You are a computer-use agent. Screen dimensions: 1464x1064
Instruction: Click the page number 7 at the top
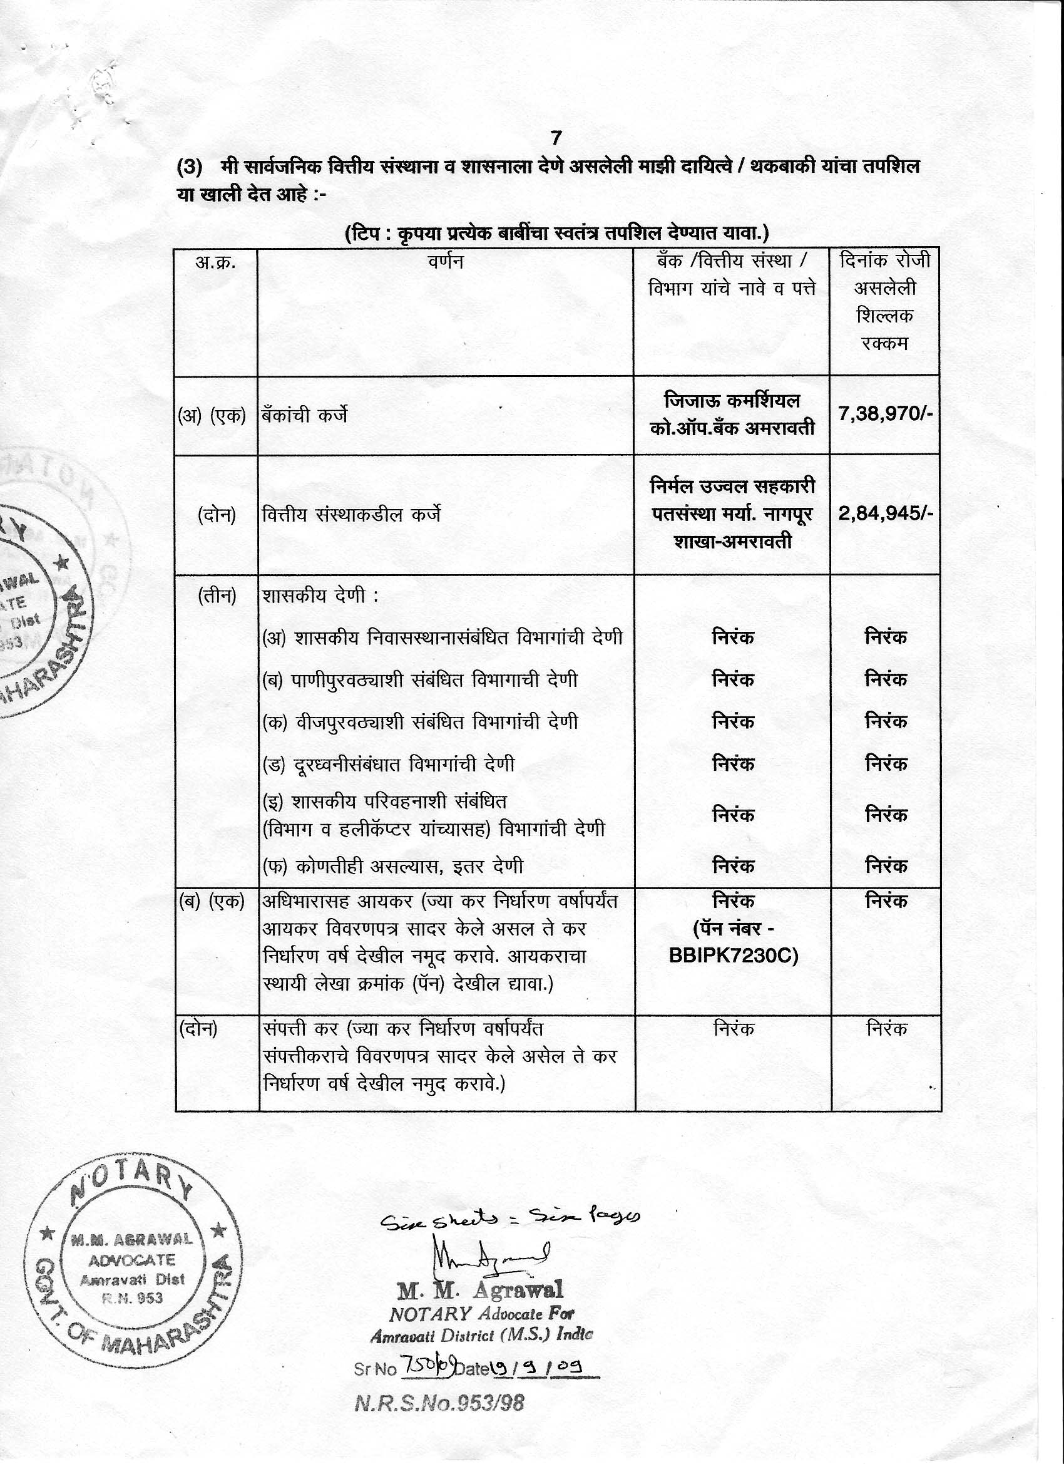click(x=556, y=138)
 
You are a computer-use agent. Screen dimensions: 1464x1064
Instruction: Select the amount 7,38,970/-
click(x=885, y=414)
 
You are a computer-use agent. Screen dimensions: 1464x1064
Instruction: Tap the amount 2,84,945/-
click(x=885, y=514)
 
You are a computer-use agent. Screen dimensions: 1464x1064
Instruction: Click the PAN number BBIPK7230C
click(x=733, y=956)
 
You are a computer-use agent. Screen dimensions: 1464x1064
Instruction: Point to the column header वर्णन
click(x=445, y=262)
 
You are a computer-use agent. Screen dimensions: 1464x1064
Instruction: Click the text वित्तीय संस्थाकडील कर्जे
click(x=352, y=515)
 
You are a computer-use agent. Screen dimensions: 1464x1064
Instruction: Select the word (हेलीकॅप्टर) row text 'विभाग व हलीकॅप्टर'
click(x=375, y=828)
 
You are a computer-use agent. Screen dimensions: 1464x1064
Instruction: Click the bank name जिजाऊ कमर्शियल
click(x=732, y=401)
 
